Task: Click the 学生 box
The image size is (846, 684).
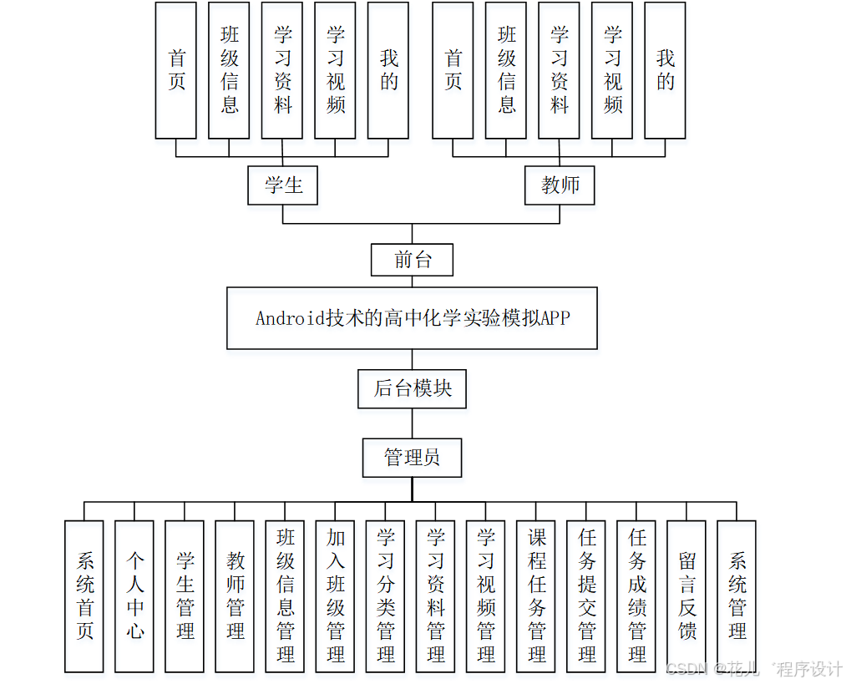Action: tap(283, 185)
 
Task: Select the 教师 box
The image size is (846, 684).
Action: tap(560, 185)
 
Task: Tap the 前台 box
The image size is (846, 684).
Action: tap(412, 260)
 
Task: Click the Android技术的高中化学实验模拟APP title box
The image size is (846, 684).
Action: tap(412, 318)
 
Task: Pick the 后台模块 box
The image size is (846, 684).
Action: tap(412, 388)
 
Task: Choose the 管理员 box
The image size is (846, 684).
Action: tap(412, 458)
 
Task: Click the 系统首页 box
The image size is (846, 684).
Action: tap(84, 596)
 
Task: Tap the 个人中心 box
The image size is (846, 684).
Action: tap(134, 596)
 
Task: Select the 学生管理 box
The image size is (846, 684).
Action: tap(185, 596)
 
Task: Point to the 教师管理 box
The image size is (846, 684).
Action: tap(235, 596)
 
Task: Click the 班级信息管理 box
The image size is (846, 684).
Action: tap(285, 596)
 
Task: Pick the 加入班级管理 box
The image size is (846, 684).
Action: tap(335, 596)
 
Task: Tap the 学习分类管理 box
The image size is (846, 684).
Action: tap(385, 596)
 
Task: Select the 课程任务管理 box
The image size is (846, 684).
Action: tap(536, 596)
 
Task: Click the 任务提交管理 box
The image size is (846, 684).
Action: tap(586, 596)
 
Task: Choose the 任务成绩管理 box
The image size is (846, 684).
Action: tap(636, 596)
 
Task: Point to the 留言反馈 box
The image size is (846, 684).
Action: tap(686, 596)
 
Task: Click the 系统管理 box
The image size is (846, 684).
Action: tap(737, 596)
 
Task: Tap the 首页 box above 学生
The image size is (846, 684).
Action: tap(176, 70)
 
